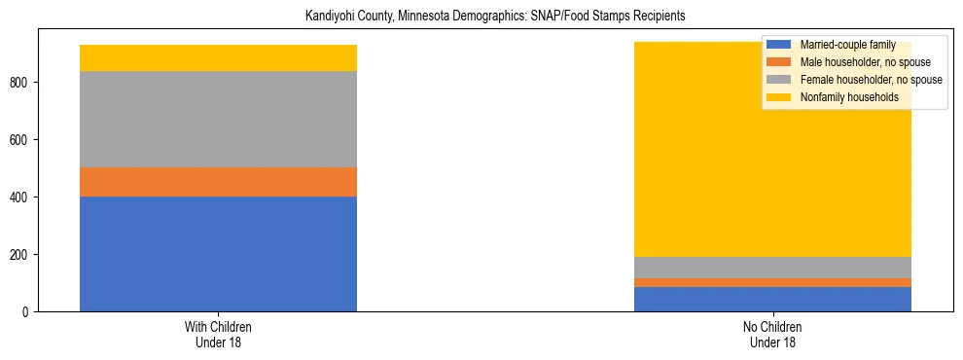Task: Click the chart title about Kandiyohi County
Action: pyautogui.click(x=481, y=16)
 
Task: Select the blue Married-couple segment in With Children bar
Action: pyautogui.click(x=218, y=254)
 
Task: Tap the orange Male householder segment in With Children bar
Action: pyautogui.click(x=218, y=182)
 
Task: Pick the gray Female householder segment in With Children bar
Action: pyautogui.click(x=218, y=120)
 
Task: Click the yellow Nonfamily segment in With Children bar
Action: pyautogui.click(x=218, y=58)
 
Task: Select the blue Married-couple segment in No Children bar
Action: pyautogui.click(x=772, y=299)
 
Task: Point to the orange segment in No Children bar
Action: pyautogui.click(x=772, y=282)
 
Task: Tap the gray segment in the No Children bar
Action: pyautogui.click(x=772, y=268)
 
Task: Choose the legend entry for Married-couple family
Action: pyautogui.click(x=840, y=45)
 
